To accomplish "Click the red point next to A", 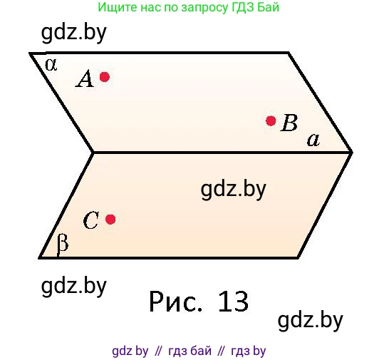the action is coord(105,77).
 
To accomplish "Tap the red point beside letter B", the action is coord(271,120).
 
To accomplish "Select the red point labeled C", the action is coord(110,220).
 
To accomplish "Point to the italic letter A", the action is coord(85,78).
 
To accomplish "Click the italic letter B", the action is coord(289,123).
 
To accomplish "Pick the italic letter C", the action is coord(90,220).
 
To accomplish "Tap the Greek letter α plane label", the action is coord(51,65).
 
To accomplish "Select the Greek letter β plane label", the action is coord(63,245).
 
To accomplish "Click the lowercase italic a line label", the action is coord(313,140).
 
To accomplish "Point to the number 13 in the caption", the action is coord(233,302).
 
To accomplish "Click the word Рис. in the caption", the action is coord(175,302).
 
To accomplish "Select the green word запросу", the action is coord(204,8).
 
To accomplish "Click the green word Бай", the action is coord(268,7).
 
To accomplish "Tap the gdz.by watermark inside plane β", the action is coord(233,189).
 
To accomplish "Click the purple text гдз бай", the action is coord(189,351).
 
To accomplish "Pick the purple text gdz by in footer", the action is coord(130,351).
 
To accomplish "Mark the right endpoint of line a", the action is coord(352,153).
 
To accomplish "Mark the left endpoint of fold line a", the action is coord(93,153).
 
